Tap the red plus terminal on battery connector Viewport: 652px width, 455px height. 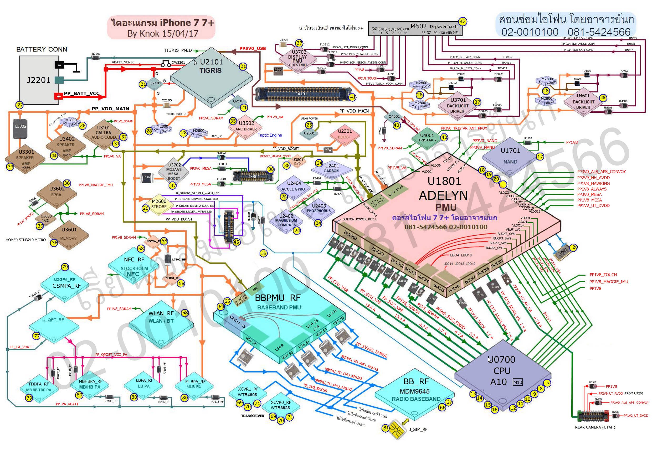point(59,96)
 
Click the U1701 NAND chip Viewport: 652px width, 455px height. point(510,156)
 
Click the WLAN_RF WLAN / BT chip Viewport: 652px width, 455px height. point(161,324)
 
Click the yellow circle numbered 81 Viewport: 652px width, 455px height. point(385,428)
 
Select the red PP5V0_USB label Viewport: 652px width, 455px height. point(253,49)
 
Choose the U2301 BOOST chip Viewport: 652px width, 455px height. point(345,135)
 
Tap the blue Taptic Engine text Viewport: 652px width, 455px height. point(269,135)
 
